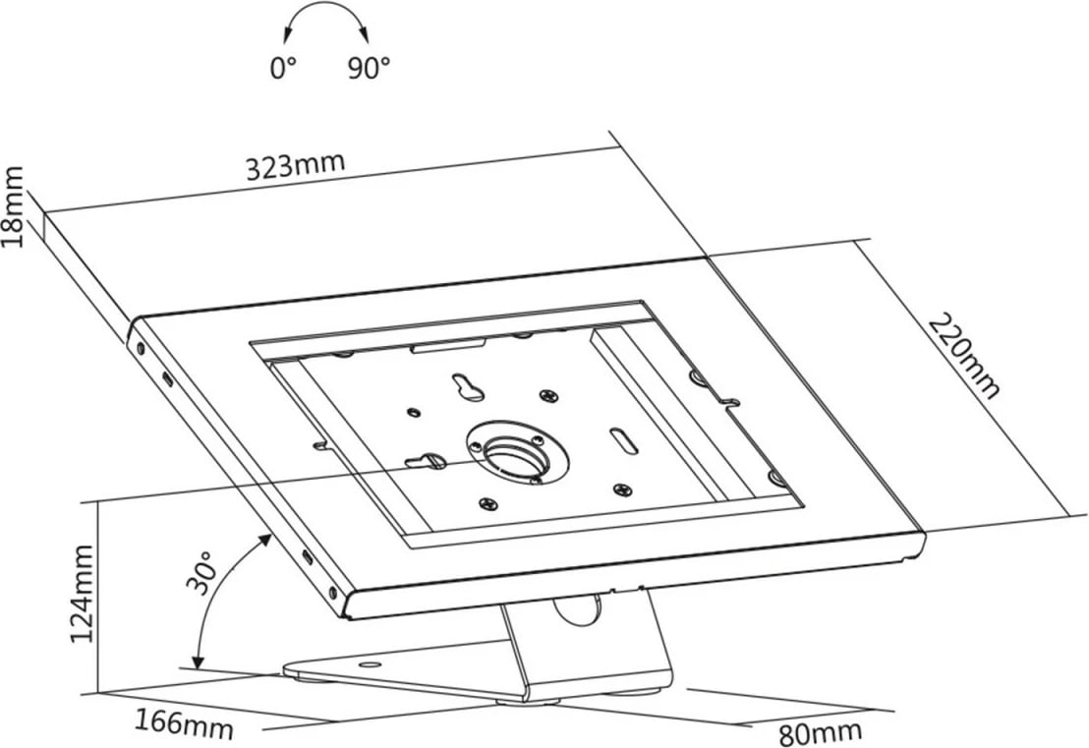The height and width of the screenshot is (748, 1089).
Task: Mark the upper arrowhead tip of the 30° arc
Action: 271,534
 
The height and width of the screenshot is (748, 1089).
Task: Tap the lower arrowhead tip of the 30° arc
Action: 198,669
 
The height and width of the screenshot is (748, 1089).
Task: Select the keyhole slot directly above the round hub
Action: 468,387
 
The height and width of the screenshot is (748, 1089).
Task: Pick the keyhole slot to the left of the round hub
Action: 423,459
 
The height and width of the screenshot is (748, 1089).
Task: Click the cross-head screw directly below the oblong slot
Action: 622,489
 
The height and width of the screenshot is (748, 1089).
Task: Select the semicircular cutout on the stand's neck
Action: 576,607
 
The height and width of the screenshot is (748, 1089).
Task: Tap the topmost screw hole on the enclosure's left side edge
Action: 141,348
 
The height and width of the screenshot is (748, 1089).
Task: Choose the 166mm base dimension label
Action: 184,723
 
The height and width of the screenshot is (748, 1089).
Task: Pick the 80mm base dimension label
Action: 821,732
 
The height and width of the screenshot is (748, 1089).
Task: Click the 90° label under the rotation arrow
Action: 369,68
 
